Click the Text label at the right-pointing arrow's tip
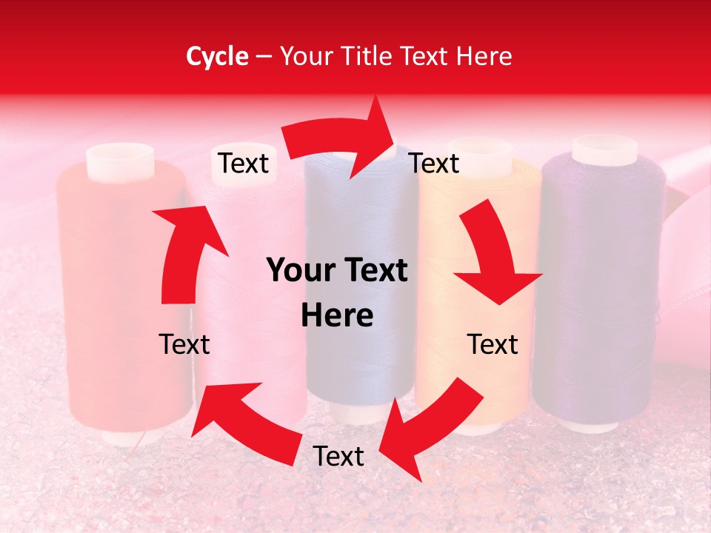coord(435,163)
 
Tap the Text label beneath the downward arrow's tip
coord(493,344)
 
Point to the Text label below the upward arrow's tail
coord(184,344)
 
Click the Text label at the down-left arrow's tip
coord(339,457)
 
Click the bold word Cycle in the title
coord(217,56)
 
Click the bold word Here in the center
coord(337,316)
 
